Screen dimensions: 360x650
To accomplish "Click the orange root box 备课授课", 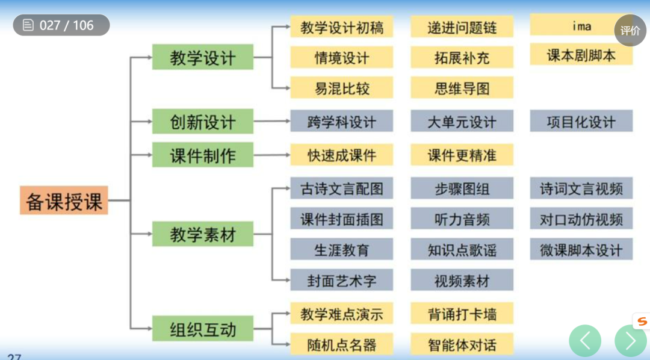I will coord(64,200).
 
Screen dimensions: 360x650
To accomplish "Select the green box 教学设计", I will coord(202,58).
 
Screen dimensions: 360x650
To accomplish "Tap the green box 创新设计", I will coord(202,122).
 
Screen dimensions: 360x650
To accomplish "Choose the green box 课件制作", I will coord(202,155).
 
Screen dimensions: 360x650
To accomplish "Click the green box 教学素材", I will coord(202,234).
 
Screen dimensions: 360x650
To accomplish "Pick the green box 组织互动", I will coord(202,329).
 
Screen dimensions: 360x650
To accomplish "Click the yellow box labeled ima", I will coord(581,25).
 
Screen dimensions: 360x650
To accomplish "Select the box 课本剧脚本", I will coord(581,55).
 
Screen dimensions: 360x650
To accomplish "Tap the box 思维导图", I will coord(462,88).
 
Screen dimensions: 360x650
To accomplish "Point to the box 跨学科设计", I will coord(341,122).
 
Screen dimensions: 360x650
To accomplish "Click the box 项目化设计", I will coord(581,122).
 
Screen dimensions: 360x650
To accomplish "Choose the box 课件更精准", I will coord(462,155).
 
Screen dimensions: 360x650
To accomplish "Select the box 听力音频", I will coord(462,219).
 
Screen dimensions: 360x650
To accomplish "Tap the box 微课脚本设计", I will coord(581,250).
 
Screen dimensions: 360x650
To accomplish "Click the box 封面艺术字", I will coord(341,281).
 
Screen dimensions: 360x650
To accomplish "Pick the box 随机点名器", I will coord(341,344).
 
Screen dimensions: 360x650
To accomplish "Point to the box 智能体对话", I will coord(462,344).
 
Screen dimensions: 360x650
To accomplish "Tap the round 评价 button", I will coord(630,30).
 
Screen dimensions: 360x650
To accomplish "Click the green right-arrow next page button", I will coord(630,341).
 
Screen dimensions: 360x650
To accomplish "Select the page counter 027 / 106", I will coord(61,25).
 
